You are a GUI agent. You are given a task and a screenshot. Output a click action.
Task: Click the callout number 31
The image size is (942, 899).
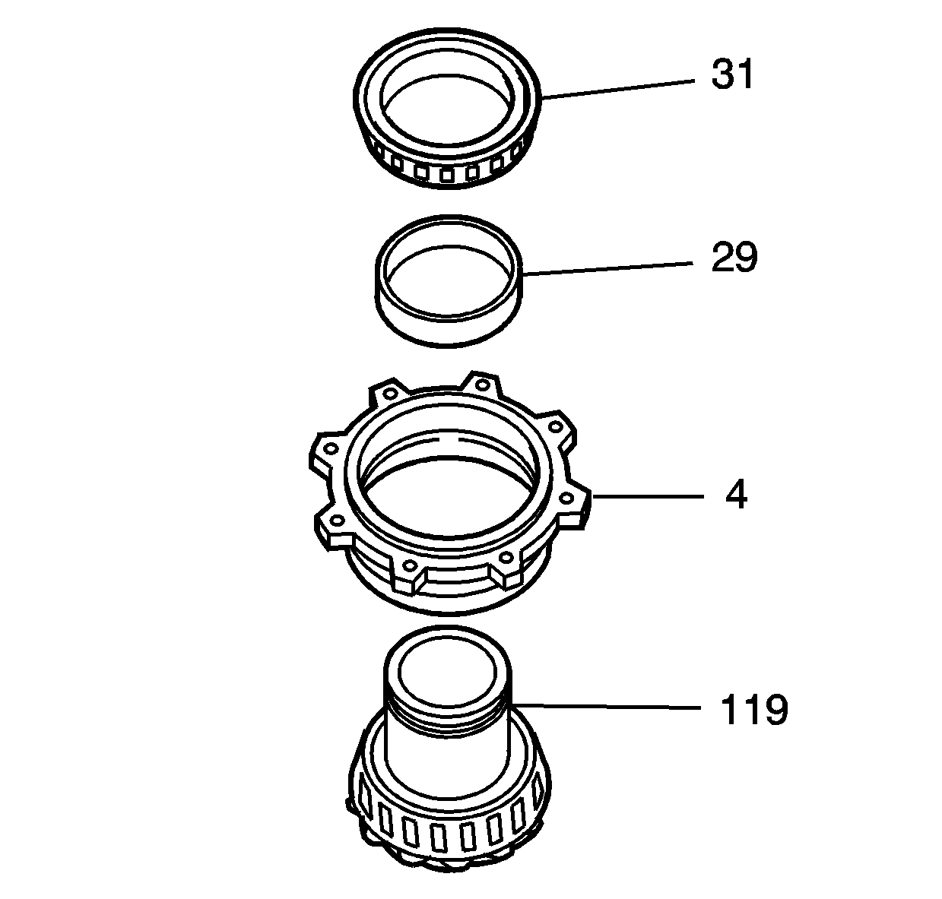click(732, 75)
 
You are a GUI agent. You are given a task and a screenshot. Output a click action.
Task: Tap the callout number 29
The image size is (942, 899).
click(734, 258)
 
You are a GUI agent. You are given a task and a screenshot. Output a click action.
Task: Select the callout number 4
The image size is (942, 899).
click(736, 496)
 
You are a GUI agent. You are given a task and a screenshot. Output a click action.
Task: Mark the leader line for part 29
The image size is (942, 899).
click(608, 267)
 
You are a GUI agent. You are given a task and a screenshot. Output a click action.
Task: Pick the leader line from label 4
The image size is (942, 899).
click(646, 496)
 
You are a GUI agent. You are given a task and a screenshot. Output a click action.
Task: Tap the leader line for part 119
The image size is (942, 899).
click(608, 706)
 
